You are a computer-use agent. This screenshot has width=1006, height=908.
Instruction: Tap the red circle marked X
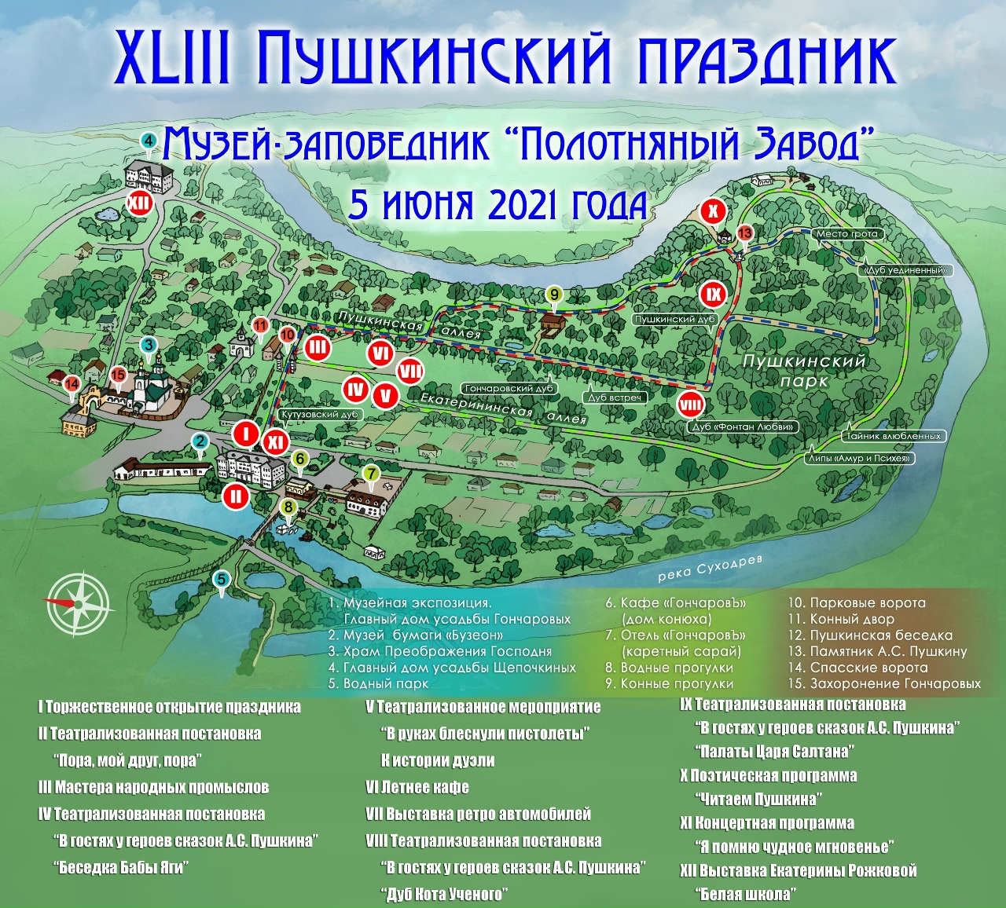coord(713,211)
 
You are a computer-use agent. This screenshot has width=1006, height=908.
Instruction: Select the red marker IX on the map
coord(714,295)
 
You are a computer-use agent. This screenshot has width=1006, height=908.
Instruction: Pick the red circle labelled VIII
coord(691,405)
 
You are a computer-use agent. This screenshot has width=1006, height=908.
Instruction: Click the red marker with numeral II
coord(235,496)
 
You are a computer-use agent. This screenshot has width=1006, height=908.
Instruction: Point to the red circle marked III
coord(318,347)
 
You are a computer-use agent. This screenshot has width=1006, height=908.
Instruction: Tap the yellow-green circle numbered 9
coord(554,295)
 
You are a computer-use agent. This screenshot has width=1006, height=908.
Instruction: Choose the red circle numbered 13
coord(744,232)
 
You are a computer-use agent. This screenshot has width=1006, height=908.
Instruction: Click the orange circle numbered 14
coord(72,384)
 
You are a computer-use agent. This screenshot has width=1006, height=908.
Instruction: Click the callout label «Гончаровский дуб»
coord(509,389)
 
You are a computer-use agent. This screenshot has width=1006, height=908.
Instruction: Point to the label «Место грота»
coord(846,234)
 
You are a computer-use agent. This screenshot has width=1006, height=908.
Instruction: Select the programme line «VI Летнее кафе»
coord(417,787)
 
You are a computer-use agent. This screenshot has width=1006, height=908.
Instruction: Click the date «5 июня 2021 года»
coord(498,206)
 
